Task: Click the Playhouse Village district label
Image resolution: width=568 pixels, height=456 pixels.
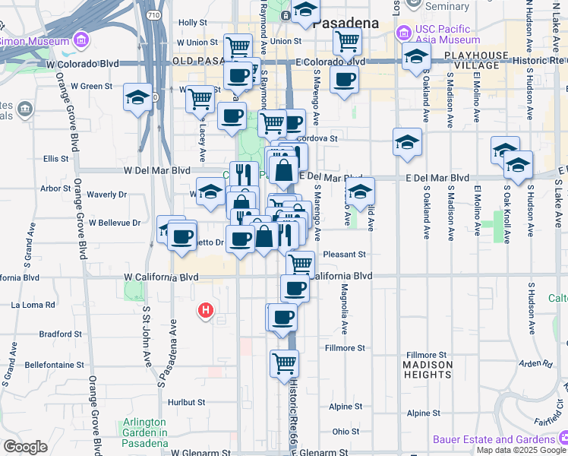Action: (x=477, y=61)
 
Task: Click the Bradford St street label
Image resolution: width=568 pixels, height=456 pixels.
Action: (x=60, y=334)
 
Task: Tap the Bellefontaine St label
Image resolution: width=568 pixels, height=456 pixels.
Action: (x=53, y=365)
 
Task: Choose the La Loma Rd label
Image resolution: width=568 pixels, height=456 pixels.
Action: (x=33, y=305)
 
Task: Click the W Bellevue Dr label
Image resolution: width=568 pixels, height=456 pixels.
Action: (x=115, y=223)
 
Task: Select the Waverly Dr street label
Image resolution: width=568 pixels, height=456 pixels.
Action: (x=101, y=195)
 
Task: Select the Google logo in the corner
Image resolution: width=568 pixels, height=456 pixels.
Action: (x=26, y=446)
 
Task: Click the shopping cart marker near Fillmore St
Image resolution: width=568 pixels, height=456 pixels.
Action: (x=284, y=364)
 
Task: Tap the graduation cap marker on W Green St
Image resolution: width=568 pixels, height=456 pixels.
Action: (x=137, y=97)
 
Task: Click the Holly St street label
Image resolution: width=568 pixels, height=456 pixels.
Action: (x=192, y=24)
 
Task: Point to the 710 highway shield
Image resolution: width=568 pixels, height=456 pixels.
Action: (x=153, y=14)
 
